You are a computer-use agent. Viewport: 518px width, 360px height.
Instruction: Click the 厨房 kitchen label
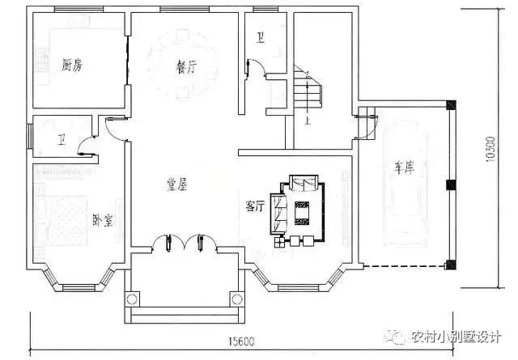click(x=73, y=64)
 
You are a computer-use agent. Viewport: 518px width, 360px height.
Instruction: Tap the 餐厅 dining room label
click(x=186, y=68)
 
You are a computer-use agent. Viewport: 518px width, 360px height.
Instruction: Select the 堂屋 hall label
click(x=176, y=185)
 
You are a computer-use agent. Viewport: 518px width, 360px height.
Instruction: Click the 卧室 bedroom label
click(x=102, y=218)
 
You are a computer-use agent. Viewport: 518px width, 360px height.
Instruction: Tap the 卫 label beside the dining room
click(x=261, y=37)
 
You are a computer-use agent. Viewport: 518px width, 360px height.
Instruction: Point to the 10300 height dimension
click(x=490, y=150)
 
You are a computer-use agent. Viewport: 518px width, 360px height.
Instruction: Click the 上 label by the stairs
click(x=308, y=121)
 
